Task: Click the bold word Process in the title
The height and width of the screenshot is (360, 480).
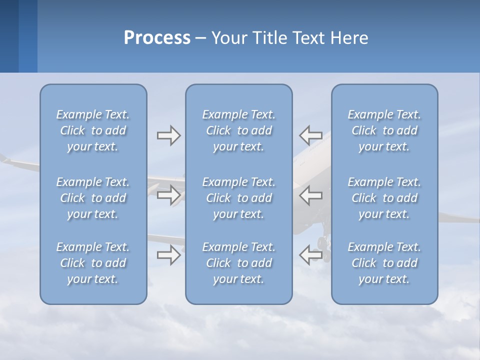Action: [157, 37]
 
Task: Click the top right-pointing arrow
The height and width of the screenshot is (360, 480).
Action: [168, 135]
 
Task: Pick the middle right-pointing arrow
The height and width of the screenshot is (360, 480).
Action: [168, 195]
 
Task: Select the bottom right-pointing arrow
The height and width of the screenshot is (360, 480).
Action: [168, 255]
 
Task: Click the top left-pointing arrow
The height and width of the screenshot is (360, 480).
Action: [311, 135]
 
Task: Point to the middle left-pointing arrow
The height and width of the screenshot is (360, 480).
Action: [311, 195]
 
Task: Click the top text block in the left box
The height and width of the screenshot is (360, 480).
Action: [93, 130]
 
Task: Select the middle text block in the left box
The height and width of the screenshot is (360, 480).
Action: [93, 198]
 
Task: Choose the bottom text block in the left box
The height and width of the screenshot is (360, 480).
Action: [93, 263]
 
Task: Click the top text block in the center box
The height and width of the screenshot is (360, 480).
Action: [238, 130]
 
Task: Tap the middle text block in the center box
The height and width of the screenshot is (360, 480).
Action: [238, 198]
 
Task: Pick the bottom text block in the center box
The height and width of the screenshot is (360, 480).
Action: [238, 263]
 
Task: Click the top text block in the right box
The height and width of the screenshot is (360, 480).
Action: [384, 130]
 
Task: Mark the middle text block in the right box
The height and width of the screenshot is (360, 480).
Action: [384, 198]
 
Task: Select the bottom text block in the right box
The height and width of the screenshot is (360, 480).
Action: [384, 263]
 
